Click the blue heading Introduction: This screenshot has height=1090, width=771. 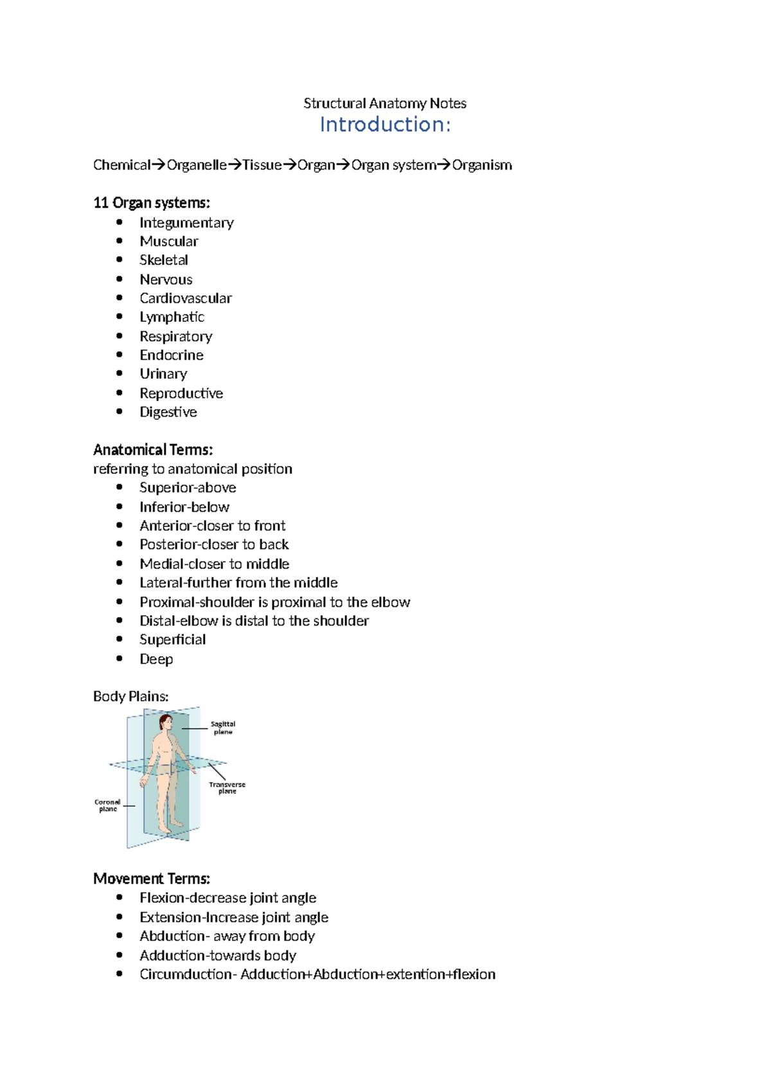tap(385, 124)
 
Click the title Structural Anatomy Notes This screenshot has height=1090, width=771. tap(385, 103)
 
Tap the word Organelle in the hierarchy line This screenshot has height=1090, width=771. tap(196, 165)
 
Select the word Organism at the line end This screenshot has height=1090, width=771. tap(482, 165)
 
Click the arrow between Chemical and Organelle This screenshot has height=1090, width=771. tap(158, 165)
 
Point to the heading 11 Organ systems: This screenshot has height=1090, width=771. tap(152, 203)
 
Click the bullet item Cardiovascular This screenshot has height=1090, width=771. tap(186, 298)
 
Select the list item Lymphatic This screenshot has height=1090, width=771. tap(172, 317)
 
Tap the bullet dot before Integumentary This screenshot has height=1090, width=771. tap(120, 222)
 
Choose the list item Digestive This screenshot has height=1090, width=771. tap(168, 412)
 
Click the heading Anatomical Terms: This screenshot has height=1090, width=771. tap(153, 449)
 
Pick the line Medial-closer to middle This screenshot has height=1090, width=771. tap(214, 564)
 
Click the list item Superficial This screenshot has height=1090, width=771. tap(172, 639)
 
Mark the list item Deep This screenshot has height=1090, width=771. tap(156, 659)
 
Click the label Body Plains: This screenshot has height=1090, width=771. tap(131, 697)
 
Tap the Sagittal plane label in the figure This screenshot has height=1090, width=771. tap(223, 728)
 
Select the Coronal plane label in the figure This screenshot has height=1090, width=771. tap(107, 805)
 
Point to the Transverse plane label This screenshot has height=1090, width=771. tap(227, 788)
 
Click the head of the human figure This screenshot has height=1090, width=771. tap(166, 722)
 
